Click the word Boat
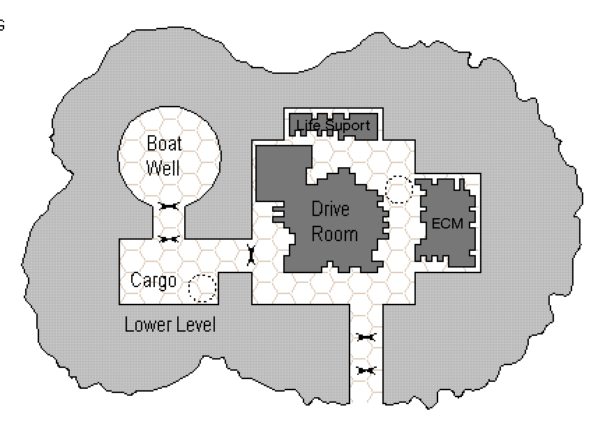click(x=164, y=144)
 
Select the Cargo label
click(x=153, y=281)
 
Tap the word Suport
click(x=347, y=126)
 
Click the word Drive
click(x=330, y=209)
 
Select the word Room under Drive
click(x=334, y=233)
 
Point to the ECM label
click(x=447, y=224)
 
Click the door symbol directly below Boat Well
click(x=169, y=206)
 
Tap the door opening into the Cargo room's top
click(x=169, y=239)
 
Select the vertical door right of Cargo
click(x=251, y=256)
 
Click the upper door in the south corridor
click(x=366, y=337)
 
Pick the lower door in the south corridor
click(x=366, y=371)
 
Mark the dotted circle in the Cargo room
click(x=202, y=288)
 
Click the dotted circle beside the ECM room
click(x=399, y=190)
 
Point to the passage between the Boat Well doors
click(x=169, y=222)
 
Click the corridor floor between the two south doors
click(x=366, y=354)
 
